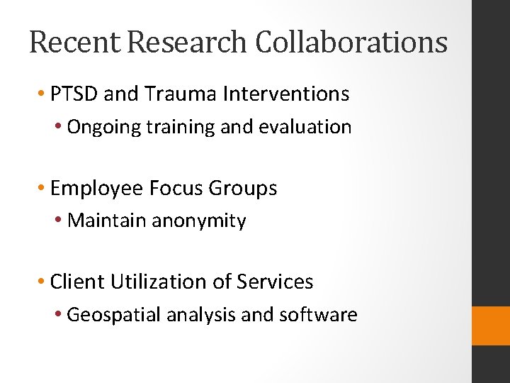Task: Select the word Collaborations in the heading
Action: pyautogui.click(x=351, y=42)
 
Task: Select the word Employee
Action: pyautogui.click(x=98, y=189)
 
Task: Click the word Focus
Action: pyautogui.click(x=176, y=188)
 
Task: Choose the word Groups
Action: pyautogui.click(x=243, y=189)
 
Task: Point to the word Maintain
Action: pyautogui.click(x=106, y=221)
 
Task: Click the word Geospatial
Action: pyautogui.click(x=113, y=315)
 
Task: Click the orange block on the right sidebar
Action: pyautogui.click(x=491, y=326)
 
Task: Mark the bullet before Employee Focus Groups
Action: pyautogui.click(x=42, y=189)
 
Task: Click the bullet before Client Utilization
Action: pyautogui.click(x=42, y=282)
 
